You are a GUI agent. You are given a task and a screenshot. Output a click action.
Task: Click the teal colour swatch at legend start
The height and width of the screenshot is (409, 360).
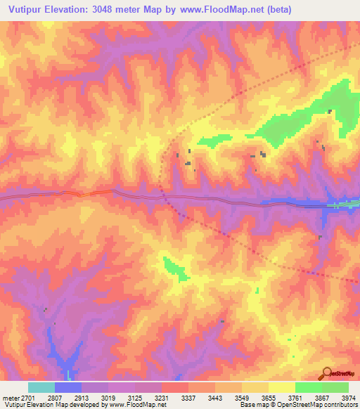pyautogui.click(x=41, y=387)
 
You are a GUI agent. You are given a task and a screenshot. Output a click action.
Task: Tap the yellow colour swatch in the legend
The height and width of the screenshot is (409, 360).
pyautogui.click(x=281, y=387)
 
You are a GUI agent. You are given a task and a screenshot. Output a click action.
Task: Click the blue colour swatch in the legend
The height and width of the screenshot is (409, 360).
pyautogui.click(x=68, y=387)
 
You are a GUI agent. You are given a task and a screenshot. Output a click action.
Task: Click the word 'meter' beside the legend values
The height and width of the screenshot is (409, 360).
pyautogui.click(x=9, y=398)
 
